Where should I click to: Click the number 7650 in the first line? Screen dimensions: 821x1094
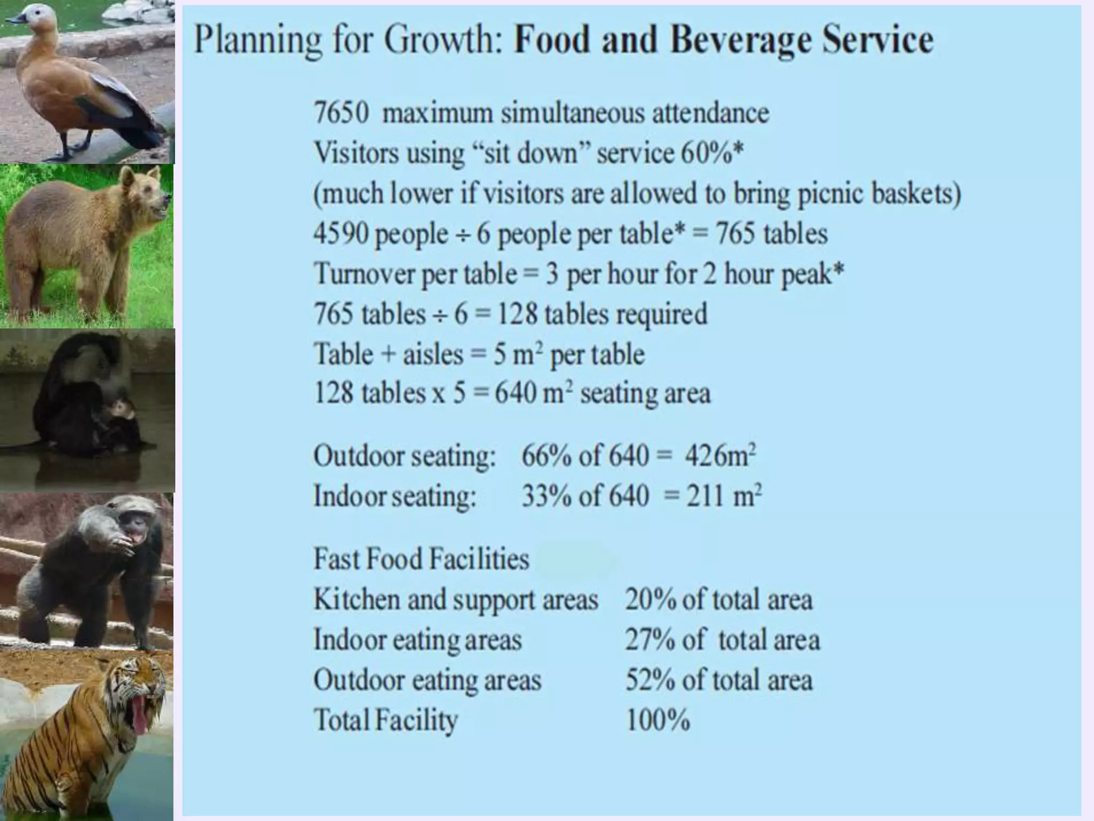pyautogui.click(x=341, y=113)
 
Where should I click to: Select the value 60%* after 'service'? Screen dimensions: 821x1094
pyautogui.click(x=712, y=153)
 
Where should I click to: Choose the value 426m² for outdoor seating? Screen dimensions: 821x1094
pyautogui.click(x=720, y=456)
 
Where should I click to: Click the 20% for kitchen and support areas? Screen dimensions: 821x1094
pyautogui.click(x=650, y=600)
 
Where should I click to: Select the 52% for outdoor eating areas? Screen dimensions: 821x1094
pyautogui.click(x=650, y=680)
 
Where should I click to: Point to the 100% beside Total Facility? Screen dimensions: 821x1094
pyautogui.click(x=658, y=720)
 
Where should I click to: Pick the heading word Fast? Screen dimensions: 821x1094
pyautogui.click(x=335, y=559)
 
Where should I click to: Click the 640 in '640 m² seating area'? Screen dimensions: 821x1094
pyautogui.click(x=515, y=394)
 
